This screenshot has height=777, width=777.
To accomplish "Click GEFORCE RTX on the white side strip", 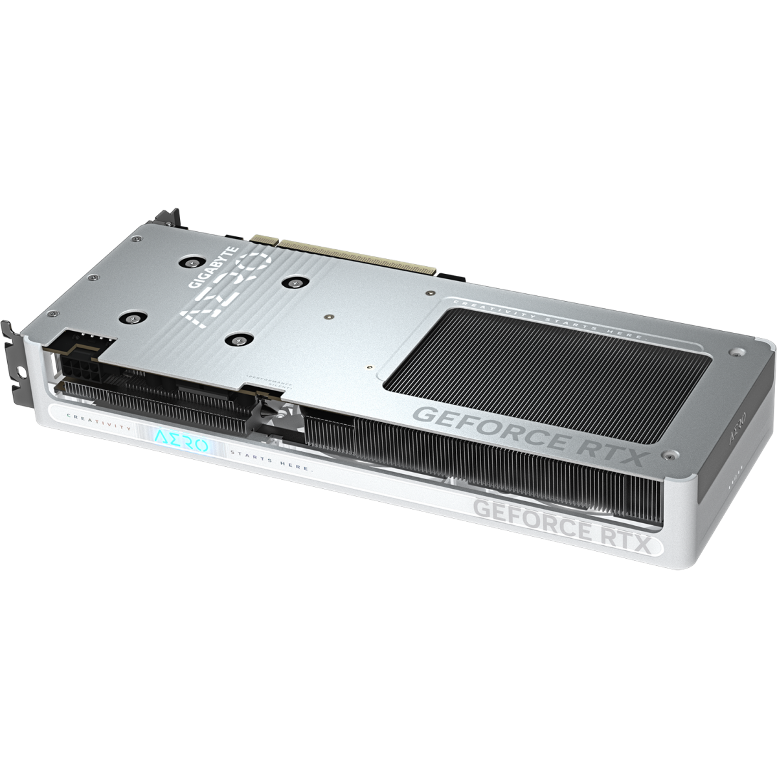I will click(x=561, y=518).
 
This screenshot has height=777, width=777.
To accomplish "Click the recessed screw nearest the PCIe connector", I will click(x=296, y=282).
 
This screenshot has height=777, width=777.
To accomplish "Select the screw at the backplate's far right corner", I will click(x=735, y=354).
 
